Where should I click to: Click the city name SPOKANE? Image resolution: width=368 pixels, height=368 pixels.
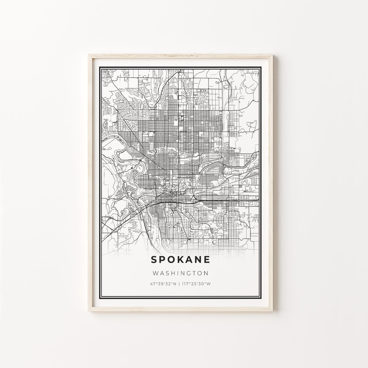pos(180,259)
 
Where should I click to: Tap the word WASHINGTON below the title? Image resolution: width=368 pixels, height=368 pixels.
pos(181,273)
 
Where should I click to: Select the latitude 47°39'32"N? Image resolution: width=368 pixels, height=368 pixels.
pos(163,283)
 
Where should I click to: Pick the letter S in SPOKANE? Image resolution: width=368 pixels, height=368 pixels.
pos(154,259)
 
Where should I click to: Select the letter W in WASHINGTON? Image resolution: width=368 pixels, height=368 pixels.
pos(156,273)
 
